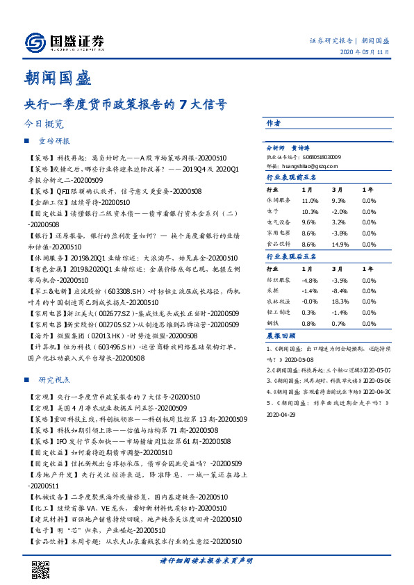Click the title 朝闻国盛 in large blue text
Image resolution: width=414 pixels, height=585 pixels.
49,76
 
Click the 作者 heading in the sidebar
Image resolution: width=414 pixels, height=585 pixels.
274,122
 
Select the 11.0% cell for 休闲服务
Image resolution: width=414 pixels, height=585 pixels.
310,200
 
